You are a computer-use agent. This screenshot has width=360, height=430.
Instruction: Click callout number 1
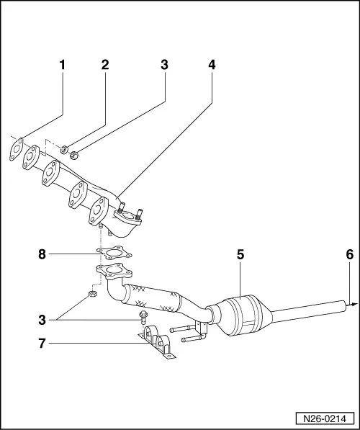tap(62, 65)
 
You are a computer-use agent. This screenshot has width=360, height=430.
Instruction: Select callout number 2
tap(105, 65)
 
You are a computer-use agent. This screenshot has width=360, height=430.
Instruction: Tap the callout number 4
tap(212, 65)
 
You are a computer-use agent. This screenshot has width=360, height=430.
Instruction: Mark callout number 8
tap(42, 254)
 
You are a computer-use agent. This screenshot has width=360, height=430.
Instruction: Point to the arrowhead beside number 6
tap(354, 305)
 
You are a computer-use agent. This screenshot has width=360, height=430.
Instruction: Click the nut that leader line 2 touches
tap(64, 151)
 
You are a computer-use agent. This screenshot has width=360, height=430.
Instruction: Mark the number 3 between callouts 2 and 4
tap(164, 65)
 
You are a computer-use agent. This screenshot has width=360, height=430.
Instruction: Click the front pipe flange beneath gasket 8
tap(112, 274)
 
